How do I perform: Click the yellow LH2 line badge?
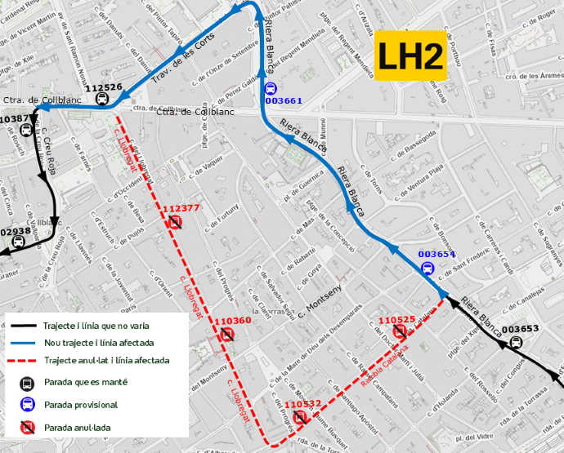410,57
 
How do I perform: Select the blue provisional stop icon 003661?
271,89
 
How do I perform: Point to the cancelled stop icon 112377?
175,221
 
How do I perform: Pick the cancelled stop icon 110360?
227,333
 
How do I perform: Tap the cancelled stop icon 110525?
400,331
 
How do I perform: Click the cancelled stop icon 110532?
300,415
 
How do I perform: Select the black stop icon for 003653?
517,342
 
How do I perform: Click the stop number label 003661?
284,101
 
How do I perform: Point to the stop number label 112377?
181,208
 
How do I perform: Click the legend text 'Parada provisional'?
81,405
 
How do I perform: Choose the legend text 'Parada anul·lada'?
78,427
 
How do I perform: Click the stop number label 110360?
235,321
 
